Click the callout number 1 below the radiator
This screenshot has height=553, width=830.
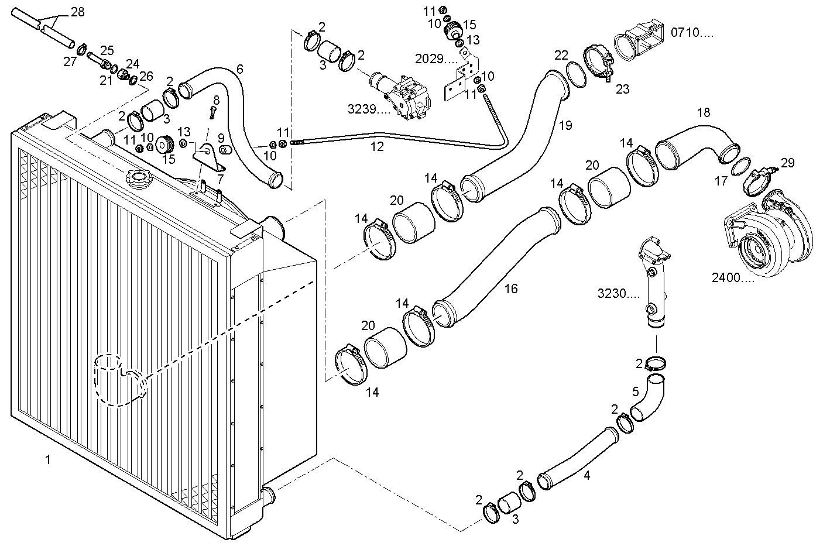[x=48, y=460]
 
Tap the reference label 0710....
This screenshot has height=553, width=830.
[x=692, y=33]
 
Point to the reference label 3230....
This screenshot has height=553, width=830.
[x=618, y=293]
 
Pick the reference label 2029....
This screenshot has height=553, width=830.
[x=437, y=59]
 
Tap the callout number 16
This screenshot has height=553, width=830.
[x=511, y=289]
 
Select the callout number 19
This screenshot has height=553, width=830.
[x=565, y=125]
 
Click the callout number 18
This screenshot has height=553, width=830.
[x=704, y=112]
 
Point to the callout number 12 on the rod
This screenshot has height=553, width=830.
[x=377, y=147]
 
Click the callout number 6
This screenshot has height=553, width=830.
[x=239, y=69]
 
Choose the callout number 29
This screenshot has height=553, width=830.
[x=787, y=163]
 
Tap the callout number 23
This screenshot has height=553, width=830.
[x=622, y=89]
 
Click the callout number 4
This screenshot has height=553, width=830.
[x=587, y=476]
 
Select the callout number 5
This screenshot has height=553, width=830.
[x=635, y=391]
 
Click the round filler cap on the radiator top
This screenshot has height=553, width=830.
[x=136, y=176]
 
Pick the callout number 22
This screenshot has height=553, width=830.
[x=561, y=55]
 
